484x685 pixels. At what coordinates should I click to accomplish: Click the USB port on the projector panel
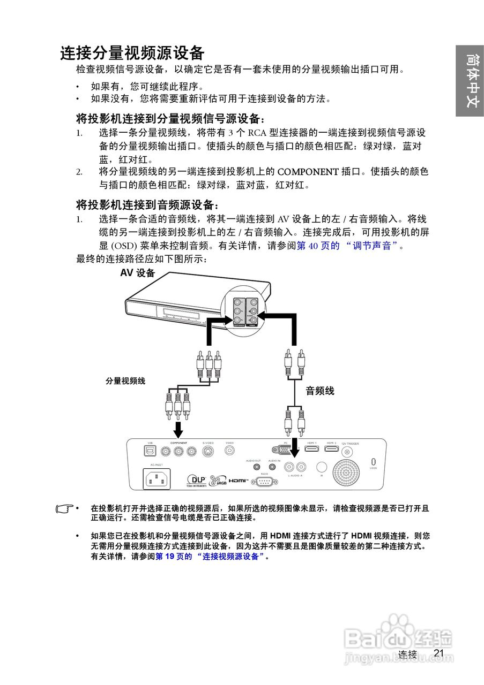pyautogui.click(x=150, y=451)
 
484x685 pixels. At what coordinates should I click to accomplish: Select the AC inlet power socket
pyautogui.click(x=156, y=478)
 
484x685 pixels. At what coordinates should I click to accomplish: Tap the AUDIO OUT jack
pyautogui.click(x=254, y=467)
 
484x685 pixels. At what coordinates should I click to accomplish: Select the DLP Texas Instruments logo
pyautogui.click(x=196, y=481)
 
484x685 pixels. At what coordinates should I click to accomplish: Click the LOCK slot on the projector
pyautogui.click(x=374, y=462)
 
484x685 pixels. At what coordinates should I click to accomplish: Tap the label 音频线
pyautogui.click(x=320, y=391)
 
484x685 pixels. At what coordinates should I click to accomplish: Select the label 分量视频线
pyautogui.click(x=125, y=381)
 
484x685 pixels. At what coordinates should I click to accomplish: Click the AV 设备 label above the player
pyautogui.click(x=138, y=273)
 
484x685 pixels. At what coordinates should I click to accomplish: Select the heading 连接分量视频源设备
pyautogui.click(x=132, y=53)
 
